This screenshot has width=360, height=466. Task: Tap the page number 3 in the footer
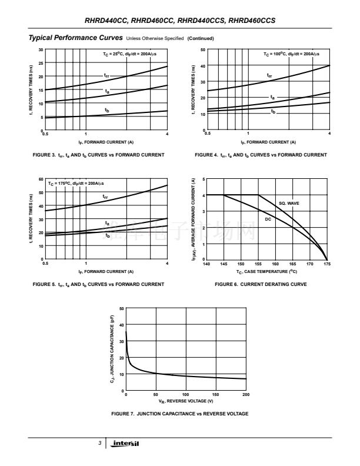tap(100, 442)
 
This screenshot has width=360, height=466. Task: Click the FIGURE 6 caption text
tap(261, 284)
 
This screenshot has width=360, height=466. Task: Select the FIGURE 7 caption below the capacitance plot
tap(179, 414)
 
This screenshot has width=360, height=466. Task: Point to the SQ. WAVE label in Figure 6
tap(289, 203)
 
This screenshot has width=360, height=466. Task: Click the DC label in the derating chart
tap(268, 219)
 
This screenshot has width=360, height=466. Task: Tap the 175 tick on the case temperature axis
tap(327, 264)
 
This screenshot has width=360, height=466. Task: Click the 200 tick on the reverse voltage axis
tap(246, 395)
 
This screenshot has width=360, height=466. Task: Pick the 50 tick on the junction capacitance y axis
tap(121, 308)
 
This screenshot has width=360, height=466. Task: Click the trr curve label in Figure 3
tap(106, 75)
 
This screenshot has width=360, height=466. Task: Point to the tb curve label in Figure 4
tap(273, 111)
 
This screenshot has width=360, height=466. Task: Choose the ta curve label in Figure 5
tap(106, 223)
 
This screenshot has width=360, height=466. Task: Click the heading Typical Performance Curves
tap(76, 38)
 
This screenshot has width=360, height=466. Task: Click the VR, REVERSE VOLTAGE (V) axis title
tap(186, 401)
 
